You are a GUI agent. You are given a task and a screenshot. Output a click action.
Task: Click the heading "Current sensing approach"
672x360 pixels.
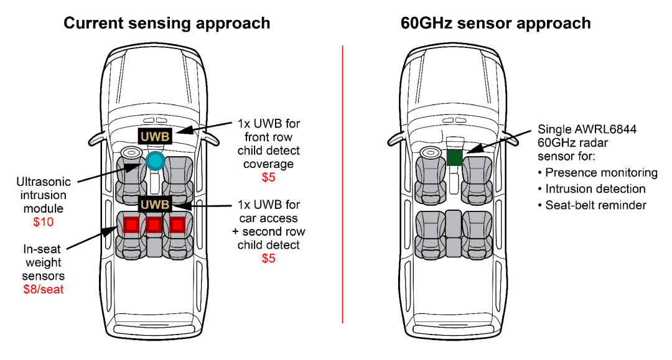167,24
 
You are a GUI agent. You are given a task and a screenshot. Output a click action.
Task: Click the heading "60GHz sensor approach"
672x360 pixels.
496,24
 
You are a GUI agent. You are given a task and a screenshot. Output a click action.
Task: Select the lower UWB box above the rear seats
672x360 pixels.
155,204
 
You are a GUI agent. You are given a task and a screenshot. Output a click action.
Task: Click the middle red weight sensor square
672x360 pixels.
154,224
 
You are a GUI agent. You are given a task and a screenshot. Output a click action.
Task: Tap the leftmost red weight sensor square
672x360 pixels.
131,224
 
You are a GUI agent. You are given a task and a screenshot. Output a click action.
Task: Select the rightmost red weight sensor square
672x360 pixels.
177,224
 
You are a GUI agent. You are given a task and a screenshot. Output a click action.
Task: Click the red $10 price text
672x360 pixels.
44,222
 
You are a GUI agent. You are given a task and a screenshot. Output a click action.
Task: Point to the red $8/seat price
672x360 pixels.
44,289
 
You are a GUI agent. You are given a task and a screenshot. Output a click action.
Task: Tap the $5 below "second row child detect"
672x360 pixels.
268,258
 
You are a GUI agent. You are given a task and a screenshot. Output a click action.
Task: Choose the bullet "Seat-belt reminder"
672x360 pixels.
595,205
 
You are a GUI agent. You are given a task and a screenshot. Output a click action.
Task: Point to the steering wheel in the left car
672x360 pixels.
131,153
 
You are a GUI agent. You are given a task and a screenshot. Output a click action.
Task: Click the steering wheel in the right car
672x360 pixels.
430,153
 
